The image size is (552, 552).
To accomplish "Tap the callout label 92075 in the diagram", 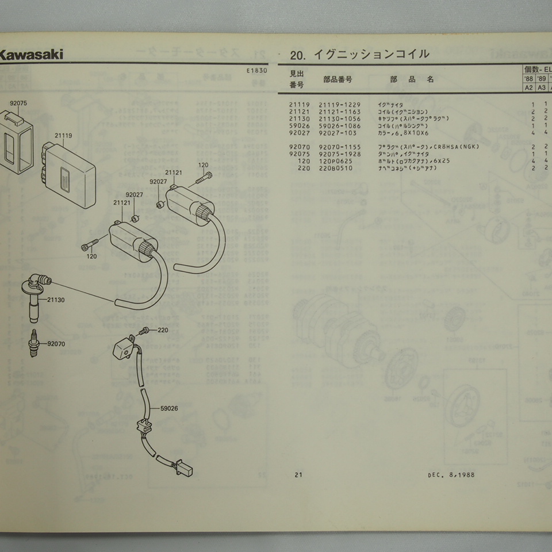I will pyautogui.click(x=18, y=104).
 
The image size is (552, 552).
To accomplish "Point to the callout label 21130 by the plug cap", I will pyautogui.click(x=56, y=300).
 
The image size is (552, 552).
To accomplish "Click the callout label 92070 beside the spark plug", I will pyautogui.click(x=57, y=344).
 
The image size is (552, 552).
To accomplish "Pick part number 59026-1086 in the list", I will pyautogui.click(x=341, y=125).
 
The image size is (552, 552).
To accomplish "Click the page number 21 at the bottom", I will pyautogui.click(x=298, y=475).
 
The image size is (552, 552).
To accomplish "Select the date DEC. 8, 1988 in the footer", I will pyautogui.click(x=451, y=475).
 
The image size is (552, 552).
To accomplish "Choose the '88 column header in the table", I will pyautogui.click(x=528, y=78).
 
